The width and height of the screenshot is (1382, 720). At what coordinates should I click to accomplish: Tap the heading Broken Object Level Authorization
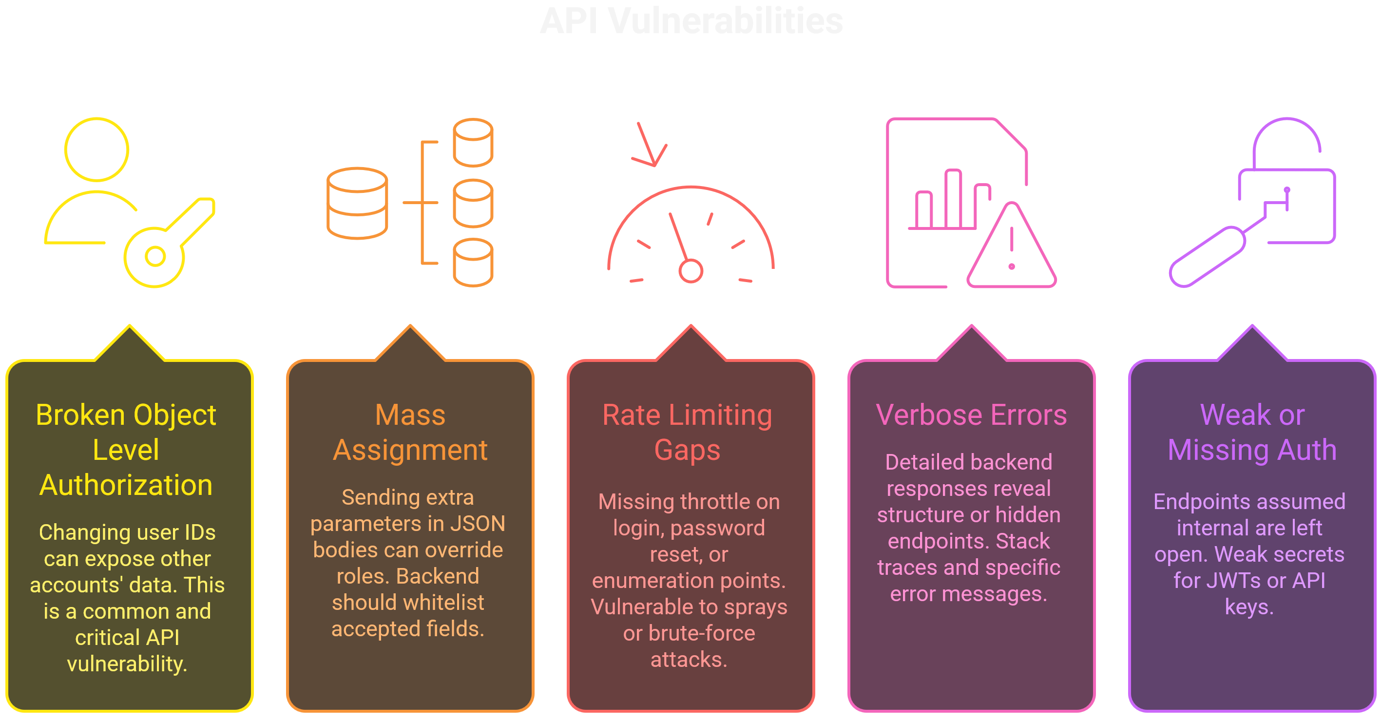point(126,450)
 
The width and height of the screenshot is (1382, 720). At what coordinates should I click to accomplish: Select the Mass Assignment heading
point(410,433)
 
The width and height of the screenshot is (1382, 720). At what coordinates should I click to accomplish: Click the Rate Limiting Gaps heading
point(687,433)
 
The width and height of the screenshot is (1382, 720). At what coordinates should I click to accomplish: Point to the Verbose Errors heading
point(971,415)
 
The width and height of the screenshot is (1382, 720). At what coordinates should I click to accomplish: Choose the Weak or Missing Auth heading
point(1251,433)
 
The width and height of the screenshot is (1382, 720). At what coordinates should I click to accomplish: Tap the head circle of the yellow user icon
point(96,149)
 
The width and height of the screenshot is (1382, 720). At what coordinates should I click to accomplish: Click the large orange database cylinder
point(357,203)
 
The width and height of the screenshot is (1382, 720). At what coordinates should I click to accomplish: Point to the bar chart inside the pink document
point(950,201)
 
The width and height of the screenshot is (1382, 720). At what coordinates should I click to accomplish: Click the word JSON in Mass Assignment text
point(478,524)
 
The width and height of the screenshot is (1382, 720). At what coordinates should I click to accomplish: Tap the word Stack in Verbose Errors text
point(1022,541)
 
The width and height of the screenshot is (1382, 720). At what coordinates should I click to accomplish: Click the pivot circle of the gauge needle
point(691,271)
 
